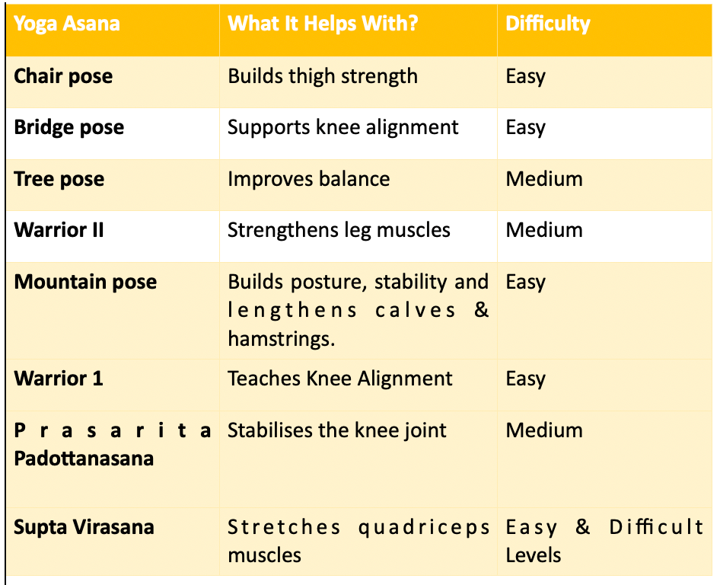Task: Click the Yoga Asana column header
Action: pyautogui.click(x=67, y=23)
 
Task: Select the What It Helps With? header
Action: pyautogui.click(x=323, y=23)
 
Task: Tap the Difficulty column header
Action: pyautogui.click(x=548, y=24)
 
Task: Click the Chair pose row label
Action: pyautogui.click(x=63, y=76)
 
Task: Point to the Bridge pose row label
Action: pyautogui.click(x=68, y=127)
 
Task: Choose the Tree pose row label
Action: pyautogui.click(x=59, y=179)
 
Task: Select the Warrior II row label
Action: pyautogui.click(x=59, y=230)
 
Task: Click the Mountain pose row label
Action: pyautogui.click(x=85, y=282)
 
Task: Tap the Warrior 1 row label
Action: pyautogui.click(x=59, y=379)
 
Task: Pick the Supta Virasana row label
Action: pyautogui.click(x=84, y=527)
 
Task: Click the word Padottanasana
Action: pyautogui.click(x=84, y=459)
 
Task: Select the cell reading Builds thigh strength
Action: pyautogui.click(x=323, y=76)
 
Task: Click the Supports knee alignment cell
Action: pyautogui.click(x=343, y=127)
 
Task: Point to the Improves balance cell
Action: pyautogui.click(x=308, y=179)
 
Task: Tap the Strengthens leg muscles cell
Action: pyautogui.click(x=339, y=230)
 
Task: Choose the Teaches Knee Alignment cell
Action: pyautogui.click(x=340, y=379)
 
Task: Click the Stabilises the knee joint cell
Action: pyautogui.click(x=337, y=430)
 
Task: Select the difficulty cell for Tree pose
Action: pyautogui.click(x=544, y=179)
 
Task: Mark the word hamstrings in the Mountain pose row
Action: pyautogui.click(x=281, y=339)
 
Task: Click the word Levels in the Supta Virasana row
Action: pyautogui.click(x=534, y=555)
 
